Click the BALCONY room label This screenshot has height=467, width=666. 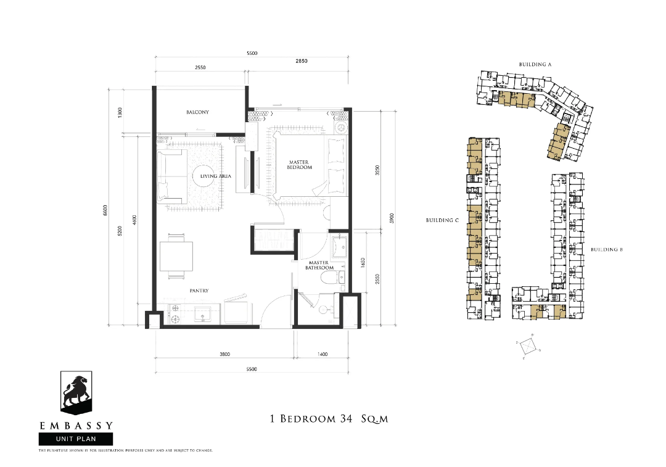tap(197, 112)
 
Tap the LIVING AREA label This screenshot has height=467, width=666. tap(216, 176)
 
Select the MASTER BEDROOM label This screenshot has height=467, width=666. tap(300, 165)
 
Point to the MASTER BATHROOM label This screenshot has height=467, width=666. tap(319, 265)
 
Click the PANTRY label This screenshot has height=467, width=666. tap(199, 291)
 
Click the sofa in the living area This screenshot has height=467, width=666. tap(171, 176)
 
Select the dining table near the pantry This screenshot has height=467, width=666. tap(176, 256)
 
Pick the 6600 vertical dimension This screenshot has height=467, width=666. tap(106, 210)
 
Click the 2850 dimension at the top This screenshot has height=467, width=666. tap(302, 61)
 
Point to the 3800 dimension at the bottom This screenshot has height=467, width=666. tap(224, 354)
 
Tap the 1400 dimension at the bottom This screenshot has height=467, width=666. tap(323, 354)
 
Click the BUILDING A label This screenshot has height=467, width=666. tap(535, 65)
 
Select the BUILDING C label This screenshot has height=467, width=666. tap(443, 220)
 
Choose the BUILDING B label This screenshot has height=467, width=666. tap(607, 249)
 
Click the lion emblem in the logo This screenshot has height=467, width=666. tap(76, 392)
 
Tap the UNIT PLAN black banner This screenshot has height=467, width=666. tap(76, 439)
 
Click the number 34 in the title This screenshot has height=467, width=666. tap(346, 418)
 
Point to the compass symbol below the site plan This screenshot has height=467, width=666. tap(528, 347)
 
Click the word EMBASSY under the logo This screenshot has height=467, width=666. tap(76, 425)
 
